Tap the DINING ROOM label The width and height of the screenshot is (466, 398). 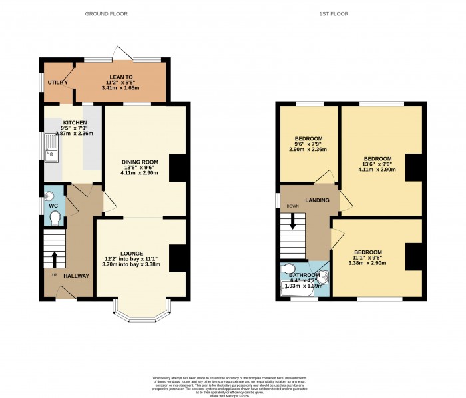pyautogui.click(x=139, y=162)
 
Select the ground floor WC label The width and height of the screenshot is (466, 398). pyautogui.click(x=53, y=206)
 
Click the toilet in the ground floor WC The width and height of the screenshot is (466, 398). pyautogui.click(x=55, y=218)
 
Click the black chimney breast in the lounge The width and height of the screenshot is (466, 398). pyautogui.click(x=176, y=258)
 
